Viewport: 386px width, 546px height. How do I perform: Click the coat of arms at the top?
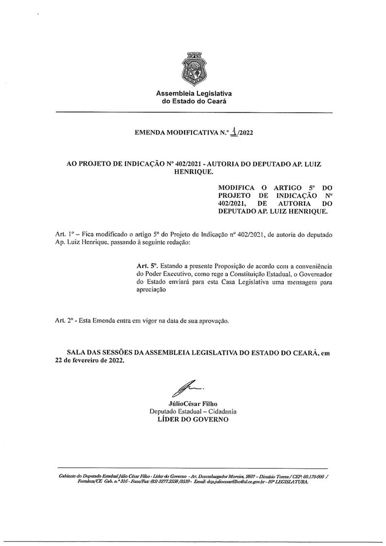193,68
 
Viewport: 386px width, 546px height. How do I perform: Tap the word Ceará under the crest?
216,101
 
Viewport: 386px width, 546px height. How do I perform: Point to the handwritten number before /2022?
235,131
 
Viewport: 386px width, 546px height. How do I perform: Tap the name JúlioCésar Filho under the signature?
193,403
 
